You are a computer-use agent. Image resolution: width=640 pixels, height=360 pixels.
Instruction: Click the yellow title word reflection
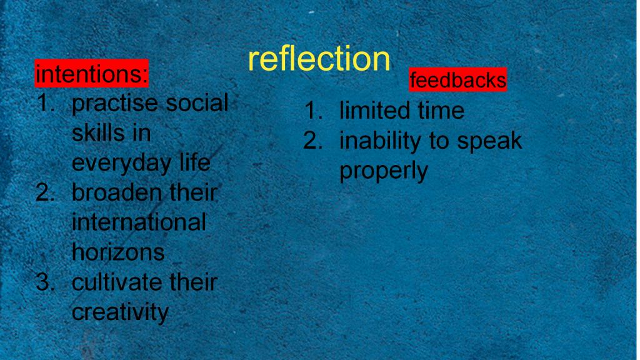click(319, 58)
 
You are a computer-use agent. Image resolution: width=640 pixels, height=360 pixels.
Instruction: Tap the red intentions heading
click(91, 74)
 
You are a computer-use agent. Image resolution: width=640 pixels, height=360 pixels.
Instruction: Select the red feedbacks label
click(457, 79)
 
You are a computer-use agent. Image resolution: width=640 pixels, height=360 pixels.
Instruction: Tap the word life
click(195, 162)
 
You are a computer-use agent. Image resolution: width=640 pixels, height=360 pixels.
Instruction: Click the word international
click(139, 222)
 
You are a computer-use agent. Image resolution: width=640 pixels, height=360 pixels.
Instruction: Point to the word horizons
click(118, 252)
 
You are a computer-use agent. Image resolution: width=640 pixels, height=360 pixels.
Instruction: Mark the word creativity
click(120, 312)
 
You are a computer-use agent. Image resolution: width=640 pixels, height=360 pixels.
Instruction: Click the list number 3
click(45, 282)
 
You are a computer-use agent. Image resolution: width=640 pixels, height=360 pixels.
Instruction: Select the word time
click(441, 111)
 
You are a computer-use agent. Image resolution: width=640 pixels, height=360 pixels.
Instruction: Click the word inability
click(381, 141)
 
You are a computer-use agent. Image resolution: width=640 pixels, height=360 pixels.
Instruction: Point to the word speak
click(489, 141)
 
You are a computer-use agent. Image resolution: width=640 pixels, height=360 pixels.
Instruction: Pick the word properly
click(384, 171)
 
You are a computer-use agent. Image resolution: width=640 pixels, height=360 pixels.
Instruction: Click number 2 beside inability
click(312, 141)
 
